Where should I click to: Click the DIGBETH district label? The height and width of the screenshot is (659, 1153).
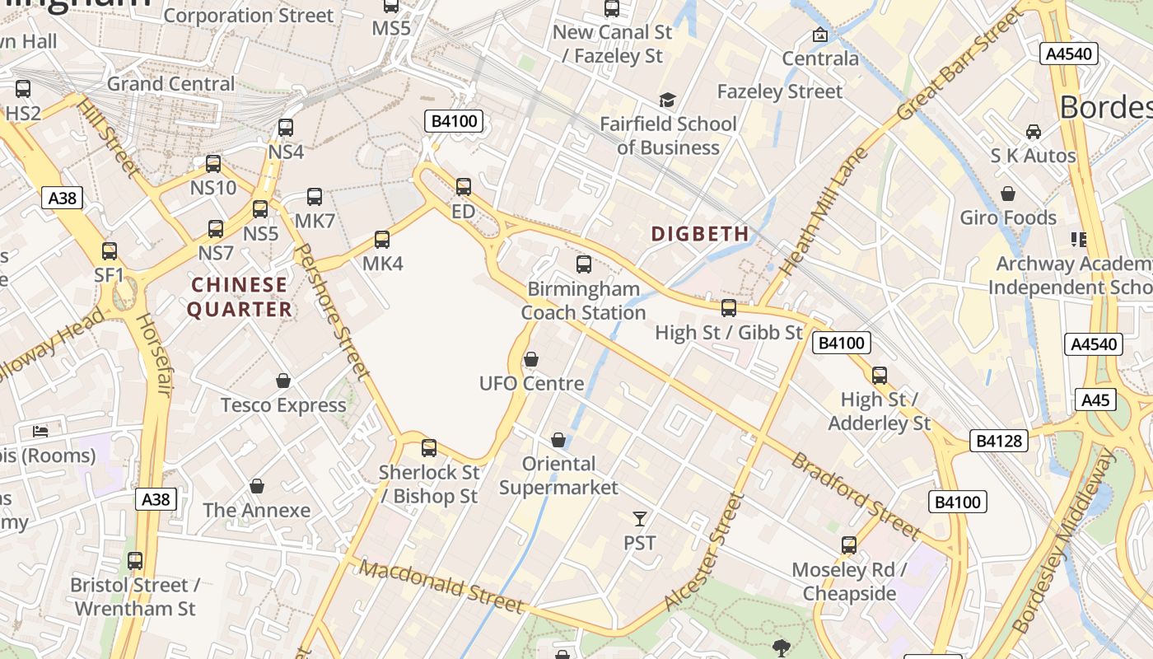pos(700,234)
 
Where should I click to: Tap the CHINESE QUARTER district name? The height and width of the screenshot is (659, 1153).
pos(240,297)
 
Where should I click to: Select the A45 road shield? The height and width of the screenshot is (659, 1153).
pos(1095,400)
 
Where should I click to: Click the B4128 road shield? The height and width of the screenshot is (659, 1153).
pos(999,441)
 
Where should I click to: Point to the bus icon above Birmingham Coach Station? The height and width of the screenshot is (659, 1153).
pos(584,264)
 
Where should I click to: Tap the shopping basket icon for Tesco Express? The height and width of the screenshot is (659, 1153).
pos(283,381)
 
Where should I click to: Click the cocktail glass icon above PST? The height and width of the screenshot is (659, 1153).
pos(640,518)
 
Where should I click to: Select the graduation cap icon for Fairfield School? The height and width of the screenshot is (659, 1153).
pos(667,100)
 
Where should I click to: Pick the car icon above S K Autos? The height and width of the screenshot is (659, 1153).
pos(1033,131)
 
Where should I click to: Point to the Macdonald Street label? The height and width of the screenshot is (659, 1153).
pos(441,587)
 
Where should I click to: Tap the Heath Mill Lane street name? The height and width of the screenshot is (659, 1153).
pos(824,212)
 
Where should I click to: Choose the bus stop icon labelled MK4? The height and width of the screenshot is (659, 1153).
pos(382,240)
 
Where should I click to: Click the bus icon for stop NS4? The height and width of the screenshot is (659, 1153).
pos(286,128)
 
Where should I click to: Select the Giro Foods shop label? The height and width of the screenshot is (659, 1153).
pos(1008,218)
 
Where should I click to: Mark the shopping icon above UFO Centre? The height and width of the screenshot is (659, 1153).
pos(531,359)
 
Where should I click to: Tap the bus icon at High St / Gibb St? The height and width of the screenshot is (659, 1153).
pos(729,308)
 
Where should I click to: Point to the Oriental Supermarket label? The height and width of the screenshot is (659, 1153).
pos(558,475)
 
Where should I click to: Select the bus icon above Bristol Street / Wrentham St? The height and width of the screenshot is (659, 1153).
pos(135,561)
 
